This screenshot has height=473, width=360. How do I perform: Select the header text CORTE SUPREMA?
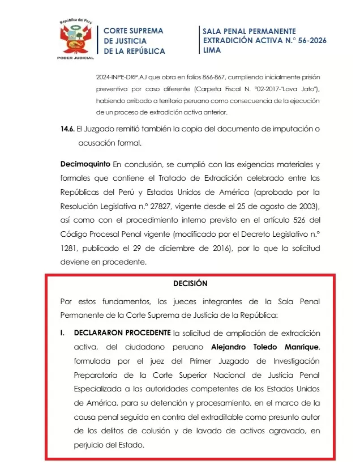(133, 31)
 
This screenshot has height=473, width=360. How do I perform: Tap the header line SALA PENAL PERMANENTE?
(249, 31)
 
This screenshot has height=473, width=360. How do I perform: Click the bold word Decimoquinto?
(85, 165)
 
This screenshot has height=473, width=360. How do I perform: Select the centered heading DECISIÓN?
(190, 283)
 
